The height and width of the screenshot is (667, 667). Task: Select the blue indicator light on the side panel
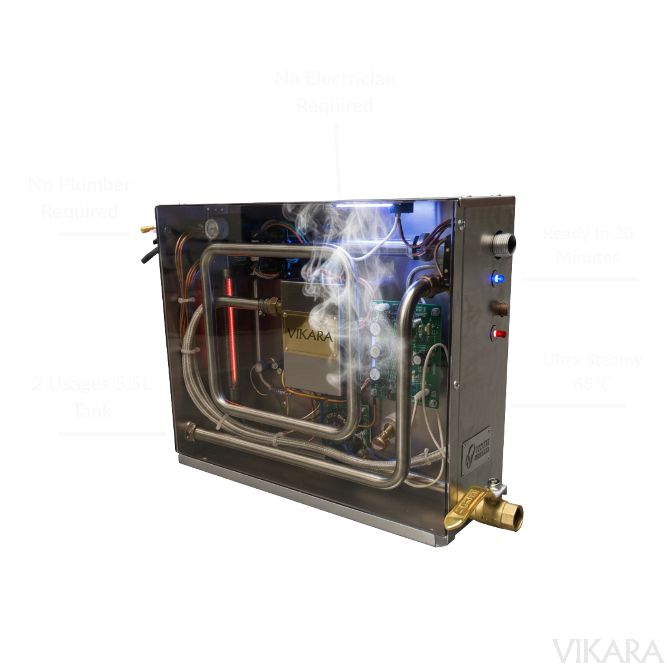[x=497, y=279]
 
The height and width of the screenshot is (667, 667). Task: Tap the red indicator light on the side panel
[x=500, y=333]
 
